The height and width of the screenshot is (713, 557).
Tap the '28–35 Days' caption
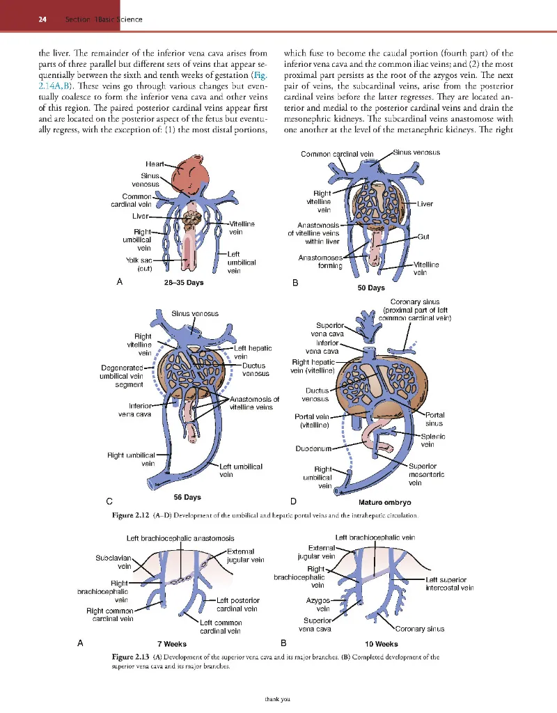[183, 283]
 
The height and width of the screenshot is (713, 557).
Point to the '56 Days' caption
[187, 497]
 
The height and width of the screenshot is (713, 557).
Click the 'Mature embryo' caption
[384, 501]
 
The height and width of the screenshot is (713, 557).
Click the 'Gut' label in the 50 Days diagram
[423, 237]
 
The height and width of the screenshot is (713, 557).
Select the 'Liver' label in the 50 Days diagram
[425, 204]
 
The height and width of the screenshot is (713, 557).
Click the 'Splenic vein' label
[433, 441]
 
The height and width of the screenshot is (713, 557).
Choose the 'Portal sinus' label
[434, 419]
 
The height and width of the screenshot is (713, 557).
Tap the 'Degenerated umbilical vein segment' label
[122, 376]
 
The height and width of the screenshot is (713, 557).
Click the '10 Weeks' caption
[382, 644]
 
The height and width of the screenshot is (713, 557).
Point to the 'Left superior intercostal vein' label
[449, 583]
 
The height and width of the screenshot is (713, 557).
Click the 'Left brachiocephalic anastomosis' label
[180, 538]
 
